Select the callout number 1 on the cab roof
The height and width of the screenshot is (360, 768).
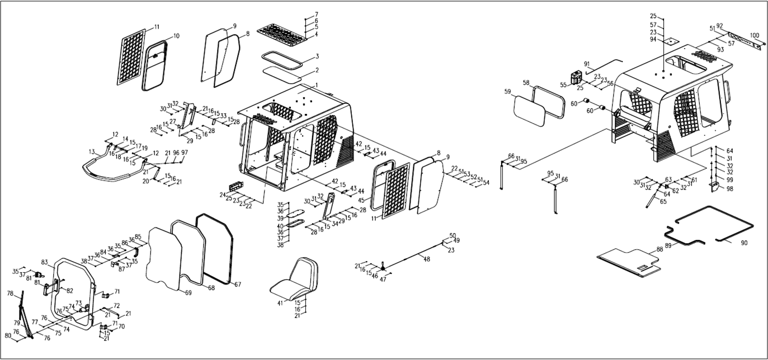pyautogui.click(x=316, y=85)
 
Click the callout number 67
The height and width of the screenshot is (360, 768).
pyautogui.click(x=238, y=285)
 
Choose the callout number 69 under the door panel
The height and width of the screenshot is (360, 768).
pyautogui.click(x=188, y=292)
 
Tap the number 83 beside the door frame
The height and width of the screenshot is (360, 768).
pyautogui.click(x=45, y=262)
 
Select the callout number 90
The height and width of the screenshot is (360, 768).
pyautogui.click(x=744, y=243)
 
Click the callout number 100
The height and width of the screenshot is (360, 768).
pyautogui.click(x=755, y=35)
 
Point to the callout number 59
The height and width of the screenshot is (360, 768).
pyautogui.click(x=507, y=91)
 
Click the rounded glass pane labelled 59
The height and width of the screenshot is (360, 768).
pyautogui.click(x=529, y=110)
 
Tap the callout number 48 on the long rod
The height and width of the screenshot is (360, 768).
pyautogui.click(x=427, y=259)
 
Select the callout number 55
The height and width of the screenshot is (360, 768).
pyautogui.click(x=563, y=85)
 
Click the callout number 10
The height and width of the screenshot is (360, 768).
pyautogui.click(x=176, y=36)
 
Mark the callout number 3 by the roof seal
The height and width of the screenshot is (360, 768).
pyautogui.click(x=317, y=56)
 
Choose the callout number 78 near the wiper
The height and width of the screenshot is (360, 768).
pyautogui.click(x=10, y=293)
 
